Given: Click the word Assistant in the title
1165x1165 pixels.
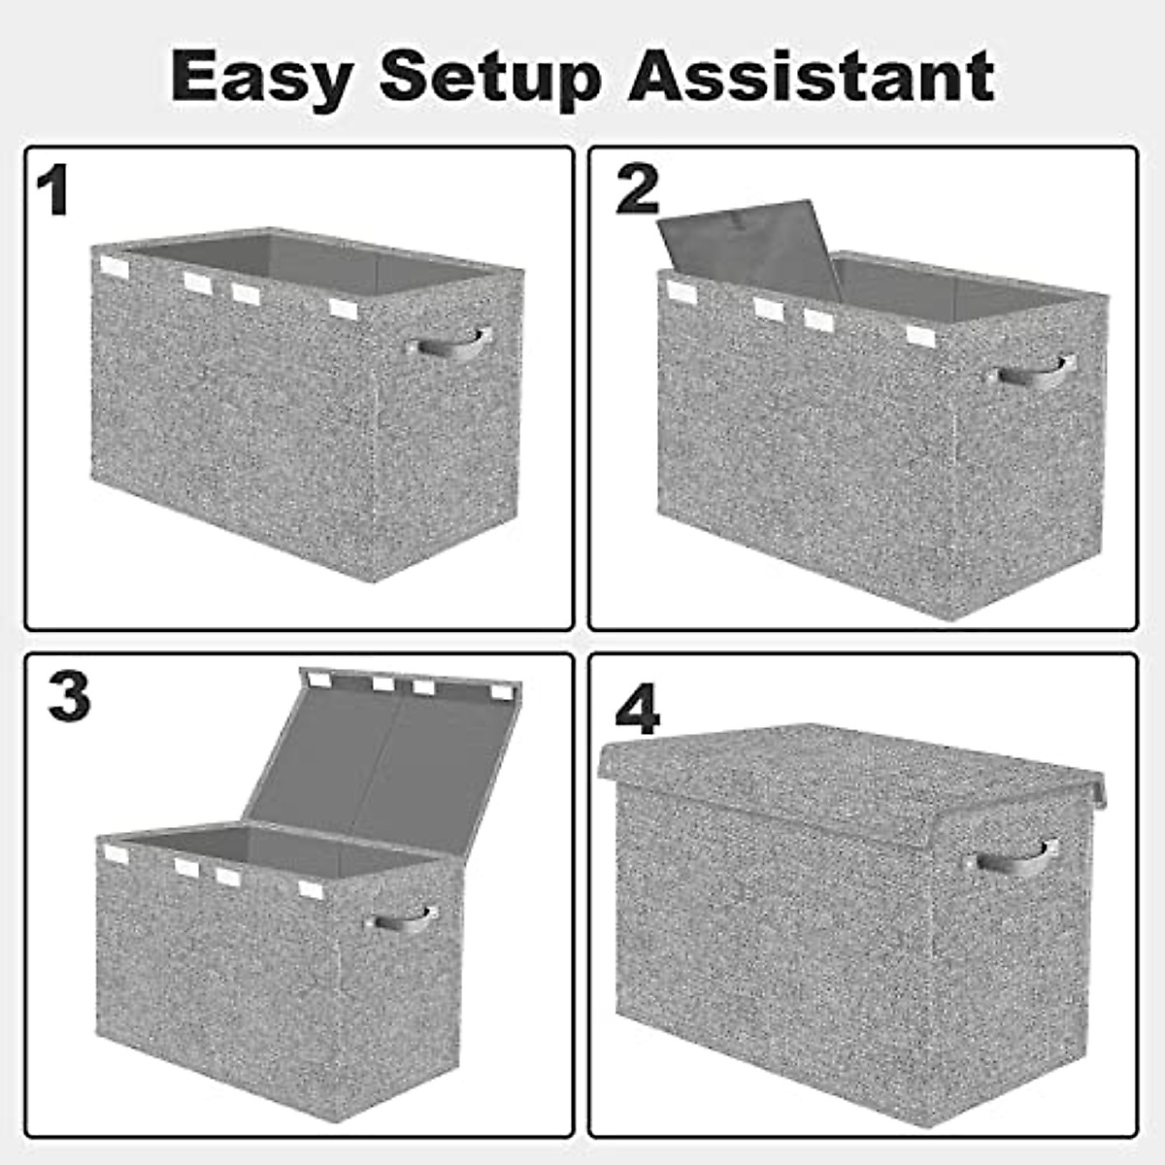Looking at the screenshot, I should (x=812, y=76).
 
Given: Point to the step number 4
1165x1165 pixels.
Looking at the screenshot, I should (x=638, y=714).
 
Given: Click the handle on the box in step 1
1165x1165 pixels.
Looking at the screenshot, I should (x=449, y=345).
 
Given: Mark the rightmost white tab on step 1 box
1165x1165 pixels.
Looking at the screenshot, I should (x=344, y=309).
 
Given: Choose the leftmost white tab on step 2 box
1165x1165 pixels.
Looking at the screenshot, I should (x=682, y=291).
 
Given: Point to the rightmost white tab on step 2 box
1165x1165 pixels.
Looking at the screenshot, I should (x=921, y=336).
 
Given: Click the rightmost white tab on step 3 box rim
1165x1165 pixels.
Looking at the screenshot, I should (x=311, y=889).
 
